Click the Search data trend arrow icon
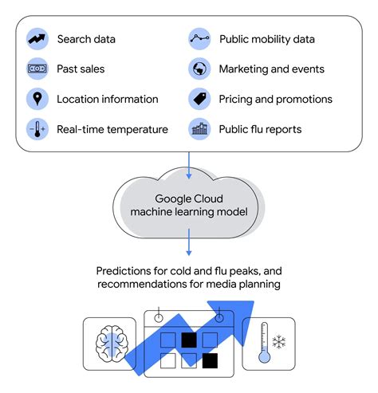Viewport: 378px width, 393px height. click(x=37, y=38)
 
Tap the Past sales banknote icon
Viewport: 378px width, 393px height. click(x=37, y=69)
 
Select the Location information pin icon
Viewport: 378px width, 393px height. click(x=37, y=99)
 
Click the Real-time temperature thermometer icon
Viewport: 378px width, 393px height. click(x=37, y=129)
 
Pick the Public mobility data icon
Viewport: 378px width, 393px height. click(x=199, y=38)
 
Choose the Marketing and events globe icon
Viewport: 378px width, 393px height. click(x=199, y=69)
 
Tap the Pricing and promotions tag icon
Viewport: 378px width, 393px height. click(x=199, y=99)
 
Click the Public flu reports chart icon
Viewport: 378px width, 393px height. click(x=199, y=129)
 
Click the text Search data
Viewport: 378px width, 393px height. click(x=86, y=39)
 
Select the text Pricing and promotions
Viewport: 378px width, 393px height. click(x=275, y=100)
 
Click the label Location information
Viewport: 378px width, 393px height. click(x=108, y=100)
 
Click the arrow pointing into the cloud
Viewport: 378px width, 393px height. click(x=188, y=163)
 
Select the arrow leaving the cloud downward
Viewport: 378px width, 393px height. click(x=188, y=242)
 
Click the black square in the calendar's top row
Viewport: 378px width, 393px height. click(x=189, y=340)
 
